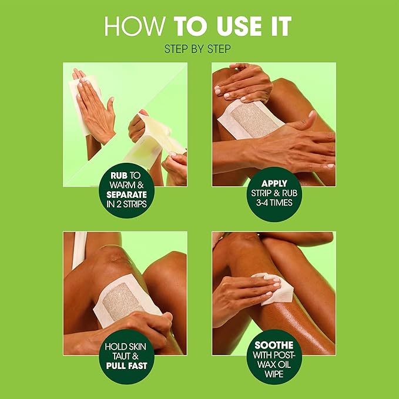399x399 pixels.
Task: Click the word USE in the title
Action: (238, 27)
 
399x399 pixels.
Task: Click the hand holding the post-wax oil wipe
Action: (241, 294)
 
